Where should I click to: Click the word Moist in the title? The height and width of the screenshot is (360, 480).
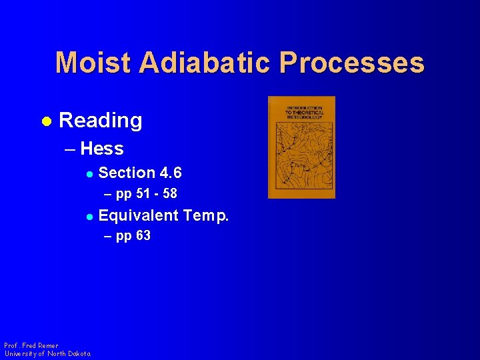pyautogui.click(x=93, y=63)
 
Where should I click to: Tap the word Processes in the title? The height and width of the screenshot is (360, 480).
pyautogui.click(x=352, y=63)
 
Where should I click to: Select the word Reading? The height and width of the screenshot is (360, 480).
pyautogui.click(x=101, y=121)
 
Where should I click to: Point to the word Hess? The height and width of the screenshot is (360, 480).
pyautogui.click(x=101, y=149)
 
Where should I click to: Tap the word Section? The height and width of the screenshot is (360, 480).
pyautogui.click(x=127, y=173)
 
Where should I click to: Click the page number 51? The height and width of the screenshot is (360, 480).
pyautogui.click(x=141, y=194)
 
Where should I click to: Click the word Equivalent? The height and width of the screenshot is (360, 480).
pyautogui.click(x=139, y=215)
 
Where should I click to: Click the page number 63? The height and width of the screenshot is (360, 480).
pyautogui.click(x=143, y=236)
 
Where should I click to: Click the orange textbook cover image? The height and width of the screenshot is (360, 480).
pyautogui.click(x=301, y=147)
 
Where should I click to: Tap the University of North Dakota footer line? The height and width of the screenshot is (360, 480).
pyautogui.click(x=47, y=353)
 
